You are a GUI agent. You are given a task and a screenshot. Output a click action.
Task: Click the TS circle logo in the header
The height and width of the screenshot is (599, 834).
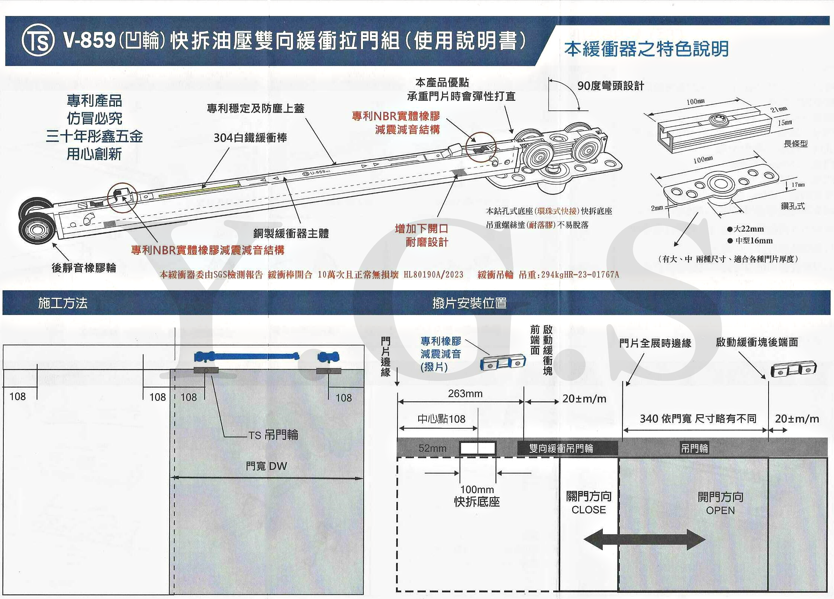coord(38,41)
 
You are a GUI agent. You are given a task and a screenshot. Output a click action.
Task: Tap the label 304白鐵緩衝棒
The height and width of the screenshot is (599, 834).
coord(250,138)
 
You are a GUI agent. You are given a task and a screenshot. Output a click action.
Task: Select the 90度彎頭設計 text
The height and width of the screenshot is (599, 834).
coord(611,86)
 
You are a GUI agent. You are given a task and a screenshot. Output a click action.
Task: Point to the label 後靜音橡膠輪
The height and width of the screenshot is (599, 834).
coord(84,267)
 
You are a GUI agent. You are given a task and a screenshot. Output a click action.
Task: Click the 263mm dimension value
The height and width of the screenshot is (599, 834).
coord(465,393)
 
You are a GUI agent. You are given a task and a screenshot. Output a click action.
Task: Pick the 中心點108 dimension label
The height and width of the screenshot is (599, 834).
coord(441,419)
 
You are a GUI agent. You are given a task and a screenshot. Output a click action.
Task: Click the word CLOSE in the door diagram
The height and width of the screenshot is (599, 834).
coord(589,510)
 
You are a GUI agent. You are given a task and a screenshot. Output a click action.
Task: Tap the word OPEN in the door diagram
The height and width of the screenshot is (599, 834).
coord(720,511)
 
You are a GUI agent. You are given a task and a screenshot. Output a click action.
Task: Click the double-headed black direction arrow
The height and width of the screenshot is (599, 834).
coord(644,539)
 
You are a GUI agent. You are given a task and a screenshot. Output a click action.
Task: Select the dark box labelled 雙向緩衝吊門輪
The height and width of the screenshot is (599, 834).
coord(561,448)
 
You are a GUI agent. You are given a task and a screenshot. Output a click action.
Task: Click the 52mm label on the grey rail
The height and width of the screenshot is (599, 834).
coord(432,448)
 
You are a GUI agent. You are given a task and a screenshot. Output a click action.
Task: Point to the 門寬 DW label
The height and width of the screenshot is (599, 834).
coord(266,466)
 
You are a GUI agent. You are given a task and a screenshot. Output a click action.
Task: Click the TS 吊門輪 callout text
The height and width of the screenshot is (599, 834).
coord(273,435)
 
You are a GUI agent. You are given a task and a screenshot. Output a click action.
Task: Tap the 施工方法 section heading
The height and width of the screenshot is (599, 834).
coord(63,303)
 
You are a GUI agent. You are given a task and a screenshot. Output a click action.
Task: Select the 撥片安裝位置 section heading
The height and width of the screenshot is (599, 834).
coord(470,303)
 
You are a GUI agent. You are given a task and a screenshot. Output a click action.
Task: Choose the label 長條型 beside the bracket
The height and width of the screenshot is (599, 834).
coord(796,144)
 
